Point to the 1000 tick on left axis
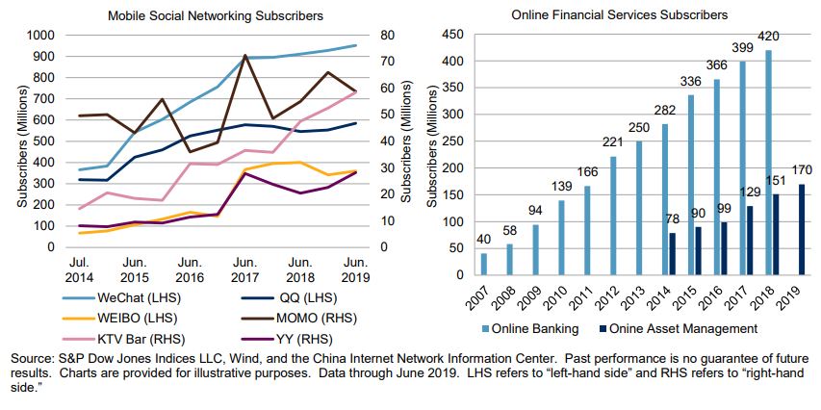coord(40,35)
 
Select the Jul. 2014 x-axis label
coord(78,268)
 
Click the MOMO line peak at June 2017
coord(245,56)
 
